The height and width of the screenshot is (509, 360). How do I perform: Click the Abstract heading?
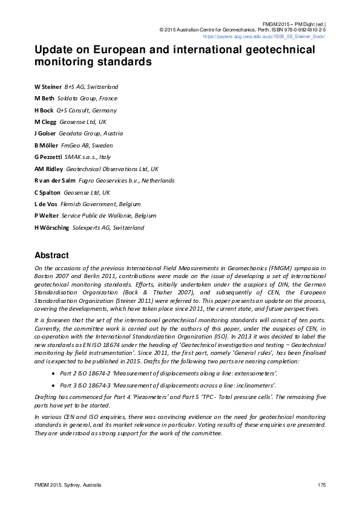point(51,255)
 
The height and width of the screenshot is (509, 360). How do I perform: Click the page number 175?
point(321,485)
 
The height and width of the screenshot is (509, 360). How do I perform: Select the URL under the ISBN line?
point(275,36)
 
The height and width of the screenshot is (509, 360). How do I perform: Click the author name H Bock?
point(44,111)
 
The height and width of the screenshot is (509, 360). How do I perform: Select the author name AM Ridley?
point(49,169)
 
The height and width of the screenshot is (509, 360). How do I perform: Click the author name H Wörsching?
point(51,227)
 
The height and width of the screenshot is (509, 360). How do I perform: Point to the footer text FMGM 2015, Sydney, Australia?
point(68,485)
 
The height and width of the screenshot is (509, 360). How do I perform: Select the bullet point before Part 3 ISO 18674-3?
point(53,385)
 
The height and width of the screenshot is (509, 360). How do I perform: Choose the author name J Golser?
point(45,134)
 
